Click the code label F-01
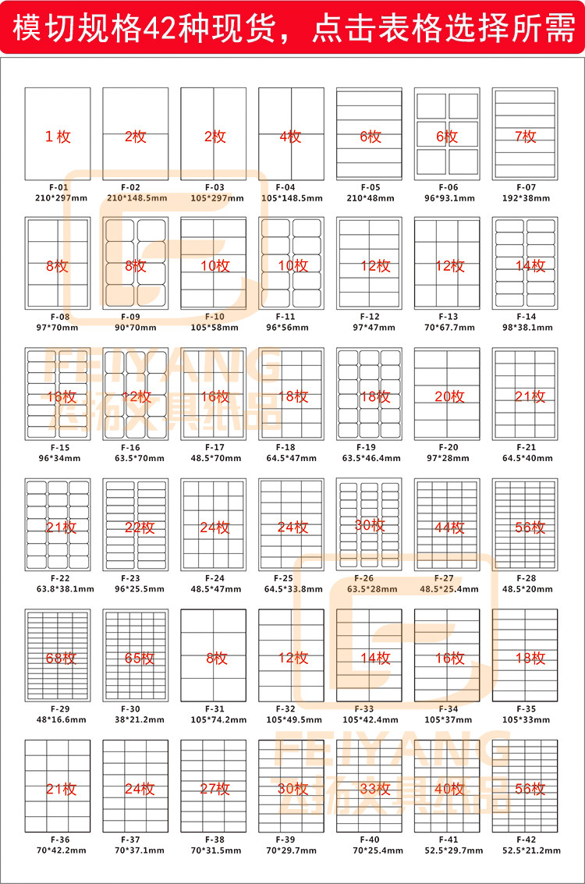pos(58,187)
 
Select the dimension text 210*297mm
pos(58,198)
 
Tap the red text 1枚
pos(58,137)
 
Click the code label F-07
pos(526,187)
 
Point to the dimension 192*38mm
pos(526,198)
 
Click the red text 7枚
pos(526,137)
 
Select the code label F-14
pos(526,317)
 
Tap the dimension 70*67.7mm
pos(448,328)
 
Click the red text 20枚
pos(448,396)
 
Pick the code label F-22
pos(58,578)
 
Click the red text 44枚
pos(448,527)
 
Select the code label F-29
pos(58,709)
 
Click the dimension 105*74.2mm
pos(214,719)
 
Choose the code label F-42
pos(526,840)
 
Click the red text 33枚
pos(370,789)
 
